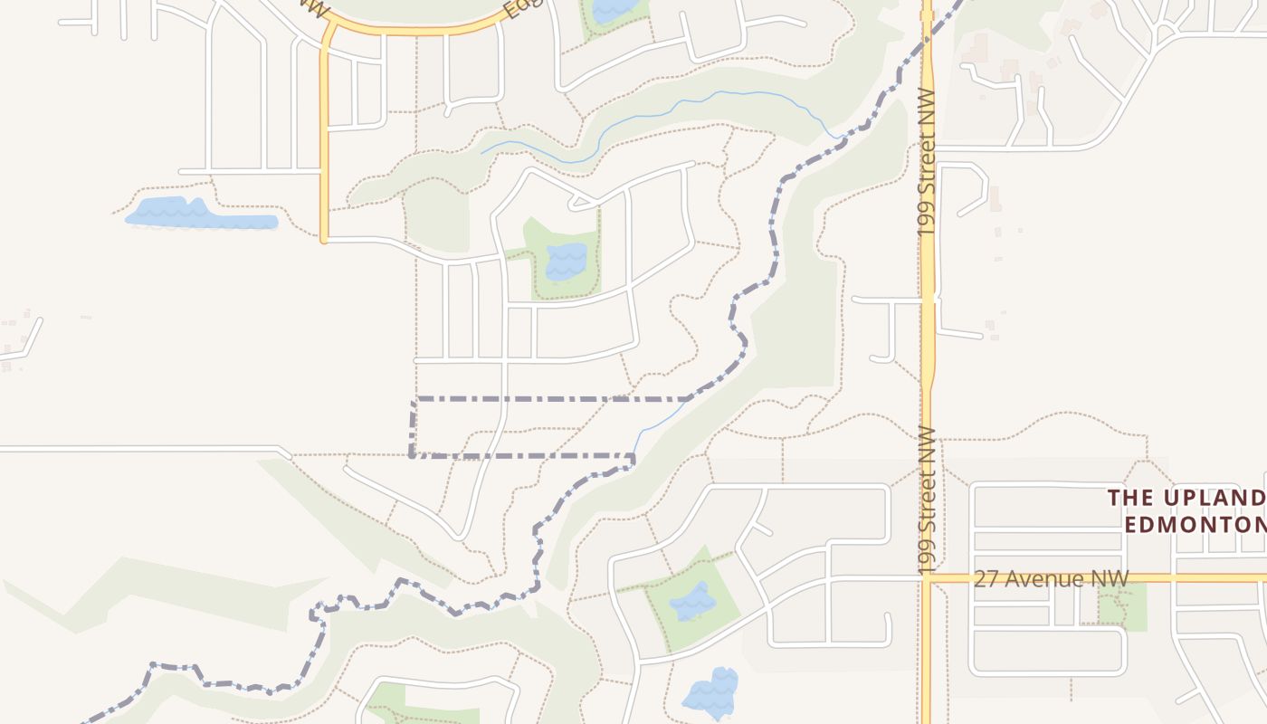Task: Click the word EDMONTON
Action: (x=1195, y=525)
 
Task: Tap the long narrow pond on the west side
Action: (x=199, y=215)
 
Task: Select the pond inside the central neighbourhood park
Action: (x=567, y=262)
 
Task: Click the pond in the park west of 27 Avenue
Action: (x=692, y=601)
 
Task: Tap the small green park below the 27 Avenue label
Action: (x=1122, y=606)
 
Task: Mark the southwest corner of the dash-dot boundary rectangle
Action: (x=413, y=454)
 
